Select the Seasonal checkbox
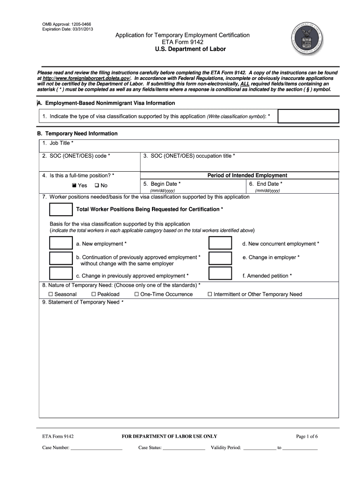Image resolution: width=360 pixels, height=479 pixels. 51,294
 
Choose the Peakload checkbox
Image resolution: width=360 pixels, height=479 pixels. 94,294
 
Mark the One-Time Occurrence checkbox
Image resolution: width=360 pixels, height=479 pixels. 137,294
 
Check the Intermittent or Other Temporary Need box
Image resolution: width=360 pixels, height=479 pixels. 210,294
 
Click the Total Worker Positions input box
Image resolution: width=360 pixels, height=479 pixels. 61,209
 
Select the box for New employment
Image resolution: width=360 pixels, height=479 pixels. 61,243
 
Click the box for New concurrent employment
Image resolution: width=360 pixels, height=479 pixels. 220,243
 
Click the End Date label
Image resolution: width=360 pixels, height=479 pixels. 268,184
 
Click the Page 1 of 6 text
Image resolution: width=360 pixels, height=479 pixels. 307,436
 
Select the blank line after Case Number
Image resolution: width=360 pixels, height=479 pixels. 96,448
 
